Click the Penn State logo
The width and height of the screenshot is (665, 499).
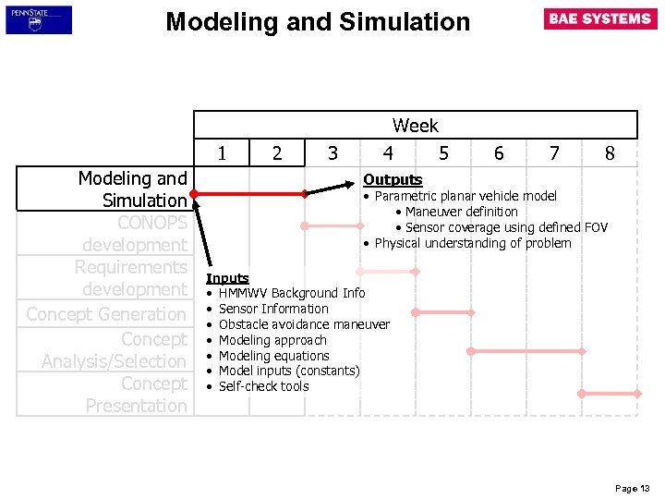coord(38,19)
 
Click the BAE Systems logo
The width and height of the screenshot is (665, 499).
coord(600,19)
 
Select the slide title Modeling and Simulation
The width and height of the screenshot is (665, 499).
coord(318,22)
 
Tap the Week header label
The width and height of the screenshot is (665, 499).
coord(415,126)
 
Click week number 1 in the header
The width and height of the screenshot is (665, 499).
coord(222,153)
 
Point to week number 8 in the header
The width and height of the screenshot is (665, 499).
coord(610,153)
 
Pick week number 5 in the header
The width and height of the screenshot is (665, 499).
coord(443,153)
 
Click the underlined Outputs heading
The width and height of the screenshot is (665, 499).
coord(393,180)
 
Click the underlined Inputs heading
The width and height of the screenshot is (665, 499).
coord(227,278)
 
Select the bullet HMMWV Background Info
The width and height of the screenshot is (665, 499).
coord(291,293)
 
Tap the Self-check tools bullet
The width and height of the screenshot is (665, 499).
coord(263,386)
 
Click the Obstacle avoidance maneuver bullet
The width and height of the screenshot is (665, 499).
coord(304,324)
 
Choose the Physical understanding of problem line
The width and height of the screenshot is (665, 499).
coord(472,243)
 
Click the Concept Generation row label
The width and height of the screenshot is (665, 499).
coord(106,314)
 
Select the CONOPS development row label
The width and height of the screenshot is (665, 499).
coord(134,234)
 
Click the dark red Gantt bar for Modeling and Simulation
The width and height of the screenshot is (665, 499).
coord(249,194)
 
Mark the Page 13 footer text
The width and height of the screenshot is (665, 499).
coord(633,488)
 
